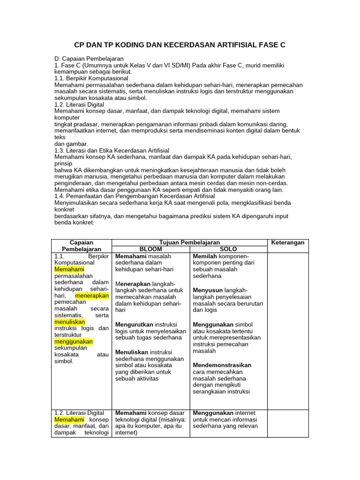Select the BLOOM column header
(x=150, y=249)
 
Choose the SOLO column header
(x=228, y=249)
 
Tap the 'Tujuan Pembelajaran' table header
(x=189, y=242)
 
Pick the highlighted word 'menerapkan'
(x=92, y=296)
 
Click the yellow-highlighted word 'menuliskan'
(x=70, y=322)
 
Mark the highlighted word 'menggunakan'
(x=74, y=342)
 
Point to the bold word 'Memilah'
(x=205, y=256)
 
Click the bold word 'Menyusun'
(x=208, y=290)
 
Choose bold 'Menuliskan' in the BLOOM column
(x=132, y=352)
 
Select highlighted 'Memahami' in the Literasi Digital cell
(x=69, y=420)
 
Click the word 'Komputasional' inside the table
(x=75, y=263)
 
